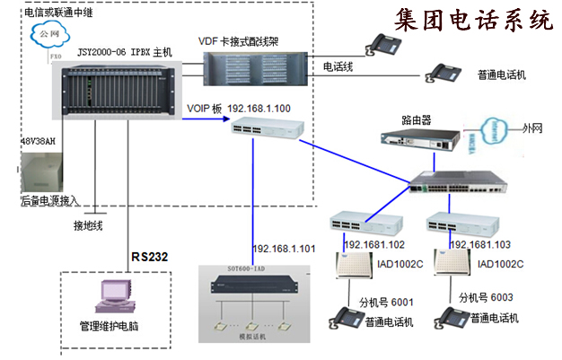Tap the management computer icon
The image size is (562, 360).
115,298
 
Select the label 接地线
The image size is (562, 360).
94,225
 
